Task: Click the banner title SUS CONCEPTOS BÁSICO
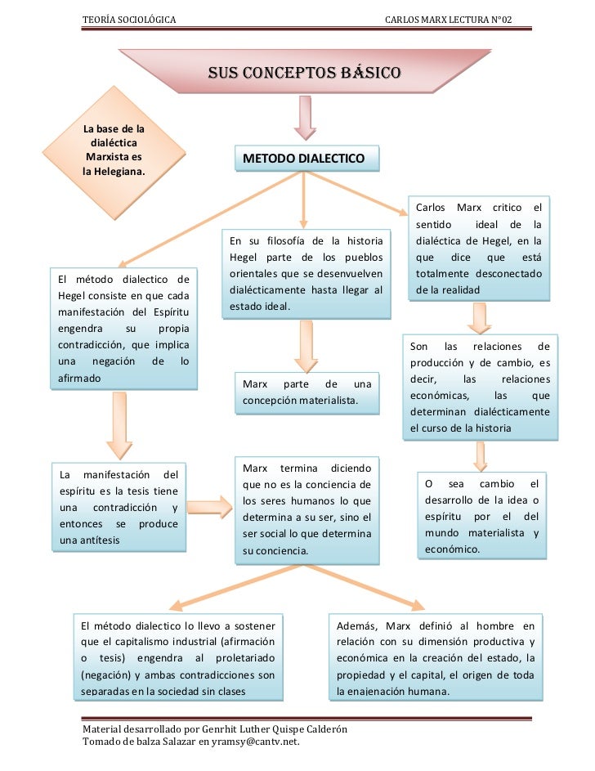tap(304, 72)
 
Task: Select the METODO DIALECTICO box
tap(307, 158)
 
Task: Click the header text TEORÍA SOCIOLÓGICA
tap(128, 19)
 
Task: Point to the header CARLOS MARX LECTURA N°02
tap(448, 19)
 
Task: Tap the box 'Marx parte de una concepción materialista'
tap(306, 392)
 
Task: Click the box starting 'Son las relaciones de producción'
tap(480, 388)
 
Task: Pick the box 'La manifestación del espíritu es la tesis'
tap(119, 508)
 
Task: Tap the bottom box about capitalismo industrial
tap(178, 657)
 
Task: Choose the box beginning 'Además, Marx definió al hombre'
tap(436, 657)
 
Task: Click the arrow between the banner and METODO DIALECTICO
tap(304, 117)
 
